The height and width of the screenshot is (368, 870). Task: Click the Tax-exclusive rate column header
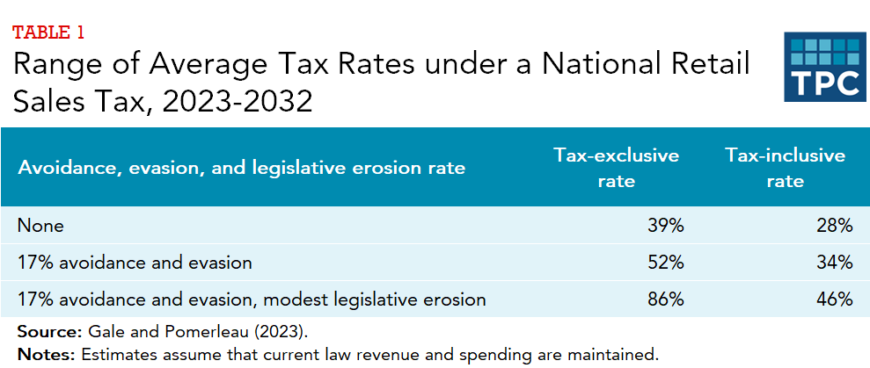coord(616,168)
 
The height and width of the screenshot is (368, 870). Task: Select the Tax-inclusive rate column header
coord(785,168)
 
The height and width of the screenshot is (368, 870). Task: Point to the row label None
coord(40,226)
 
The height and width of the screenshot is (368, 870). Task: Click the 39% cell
coord(665,226)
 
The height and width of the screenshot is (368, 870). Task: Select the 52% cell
coord(665,262)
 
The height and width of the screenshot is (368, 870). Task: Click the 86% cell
coord(665,299)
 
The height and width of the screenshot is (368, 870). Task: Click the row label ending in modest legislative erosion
coord(252,299)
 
